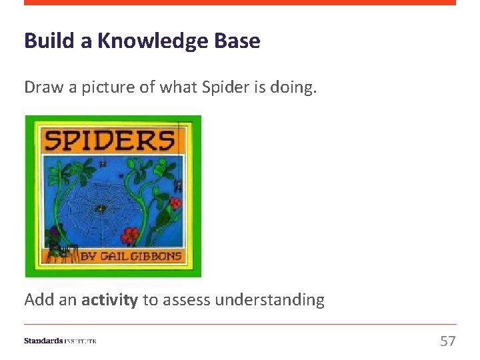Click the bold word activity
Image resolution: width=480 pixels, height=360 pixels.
tap(109, 300)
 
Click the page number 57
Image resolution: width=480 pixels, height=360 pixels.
tap(448, 341)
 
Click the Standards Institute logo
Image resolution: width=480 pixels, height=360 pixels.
tap(60, 341)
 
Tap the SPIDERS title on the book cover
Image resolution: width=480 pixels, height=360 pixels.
tap(110, 140)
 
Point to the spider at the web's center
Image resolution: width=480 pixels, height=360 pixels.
tap(100, 208)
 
